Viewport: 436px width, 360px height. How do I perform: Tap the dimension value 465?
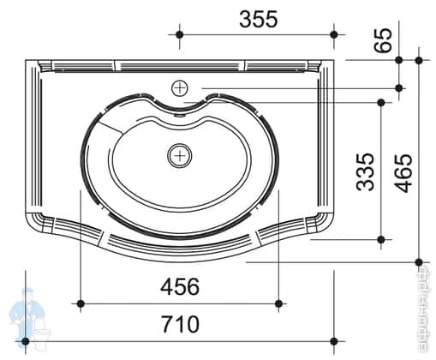402,172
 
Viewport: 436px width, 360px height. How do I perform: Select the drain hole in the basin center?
179,155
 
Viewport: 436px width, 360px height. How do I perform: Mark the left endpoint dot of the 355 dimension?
179,34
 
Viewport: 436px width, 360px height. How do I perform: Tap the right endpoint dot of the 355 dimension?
334,34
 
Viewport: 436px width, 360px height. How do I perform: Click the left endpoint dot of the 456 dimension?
81,303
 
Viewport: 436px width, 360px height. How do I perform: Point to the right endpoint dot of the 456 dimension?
278,303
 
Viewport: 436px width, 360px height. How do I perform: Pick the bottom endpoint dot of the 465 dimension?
419,261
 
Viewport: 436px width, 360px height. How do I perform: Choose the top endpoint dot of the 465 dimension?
419,60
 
